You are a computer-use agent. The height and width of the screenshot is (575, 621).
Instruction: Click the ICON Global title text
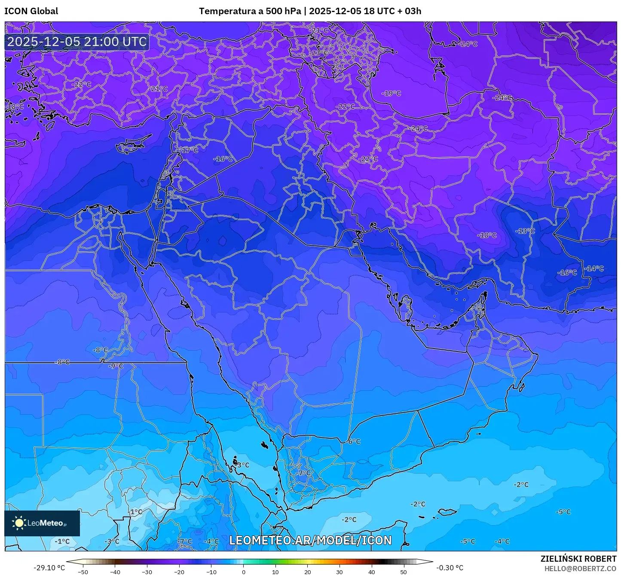point(31,11)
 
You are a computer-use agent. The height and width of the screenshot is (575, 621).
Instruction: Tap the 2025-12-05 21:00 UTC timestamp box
point(77,42)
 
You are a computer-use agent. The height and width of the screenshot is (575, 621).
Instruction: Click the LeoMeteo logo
point(42,523)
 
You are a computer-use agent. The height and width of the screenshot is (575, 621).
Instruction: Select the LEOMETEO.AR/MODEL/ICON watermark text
point(310,540)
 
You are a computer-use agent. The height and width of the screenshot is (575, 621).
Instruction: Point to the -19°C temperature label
point(391,93)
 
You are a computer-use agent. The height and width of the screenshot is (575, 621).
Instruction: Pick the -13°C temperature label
point(525,231)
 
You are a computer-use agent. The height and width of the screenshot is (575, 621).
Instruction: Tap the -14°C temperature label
point(594,268)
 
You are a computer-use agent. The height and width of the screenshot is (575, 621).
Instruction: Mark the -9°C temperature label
point(115,366)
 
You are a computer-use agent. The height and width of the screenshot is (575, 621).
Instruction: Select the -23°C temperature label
point(319,53)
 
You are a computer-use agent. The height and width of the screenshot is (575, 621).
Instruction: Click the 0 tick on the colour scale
point(243,572)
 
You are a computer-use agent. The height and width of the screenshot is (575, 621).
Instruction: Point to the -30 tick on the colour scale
point(147,572)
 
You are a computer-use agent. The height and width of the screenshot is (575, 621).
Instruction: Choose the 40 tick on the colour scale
point(371,572)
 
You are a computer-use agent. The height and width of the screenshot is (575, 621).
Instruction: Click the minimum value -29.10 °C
point(49,568)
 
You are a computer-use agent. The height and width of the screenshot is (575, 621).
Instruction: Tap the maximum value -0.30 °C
point(450,568)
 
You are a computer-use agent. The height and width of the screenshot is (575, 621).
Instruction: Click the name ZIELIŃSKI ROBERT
point(578,559)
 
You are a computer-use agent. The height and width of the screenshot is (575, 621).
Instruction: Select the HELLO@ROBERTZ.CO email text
point(580,569)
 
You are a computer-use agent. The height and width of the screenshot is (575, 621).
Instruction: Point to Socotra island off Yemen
point(447,512)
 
